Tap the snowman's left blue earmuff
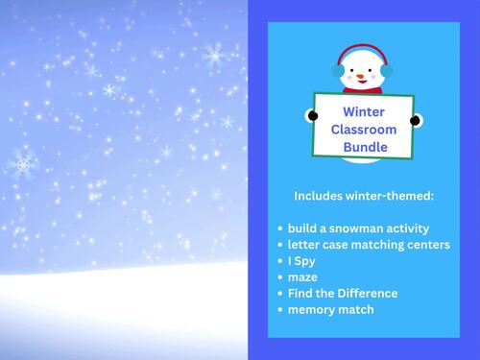point(338,70)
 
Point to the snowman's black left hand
point(313,115)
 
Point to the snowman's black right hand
point(415,120)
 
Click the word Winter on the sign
point(364,111)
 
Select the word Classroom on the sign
point(364,129)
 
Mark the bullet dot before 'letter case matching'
point(279,246)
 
